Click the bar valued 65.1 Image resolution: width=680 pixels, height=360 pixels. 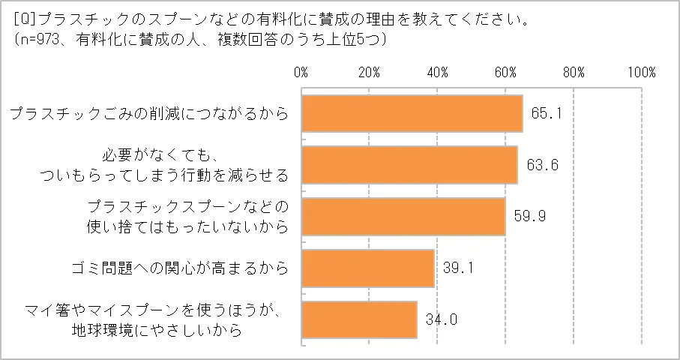click(412, 114)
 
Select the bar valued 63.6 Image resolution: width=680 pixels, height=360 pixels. click(409, 165)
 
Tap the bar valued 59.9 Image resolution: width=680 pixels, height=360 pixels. click(403, 217)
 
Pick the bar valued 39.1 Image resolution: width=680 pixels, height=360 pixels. click(368, 268)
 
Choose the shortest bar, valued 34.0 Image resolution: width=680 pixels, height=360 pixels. click(359, 319)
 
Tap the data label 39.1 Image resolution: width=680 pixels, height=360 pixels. click(457, 268)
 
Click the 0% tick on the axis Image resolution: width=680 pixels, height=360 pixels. click(301, 72)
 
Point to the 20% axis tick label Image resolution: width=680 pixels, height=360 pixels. click(369, 72)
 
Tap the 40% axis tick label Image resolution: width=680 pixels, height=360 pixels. click(437, 72)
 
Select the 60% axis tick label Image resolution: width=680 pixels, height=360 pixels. click(505, 72)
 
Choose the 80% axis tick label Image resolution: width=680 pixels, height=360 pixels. click(574, 72)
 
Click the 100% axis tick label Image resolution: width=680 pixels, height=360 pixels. click(642, 72)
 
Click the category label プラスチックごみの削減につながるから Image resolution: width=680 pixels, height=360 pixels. click(148, 115)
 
